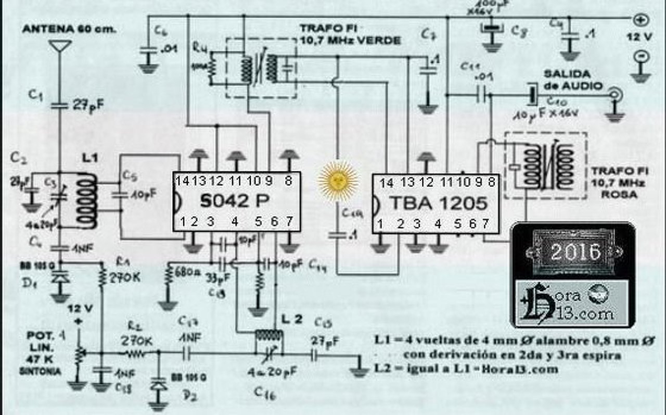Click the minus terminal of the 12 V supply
click(x=641, y=56)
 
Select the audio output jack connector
click(x=616, y=95)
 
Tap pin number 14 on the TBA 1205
click(x=386, y=183)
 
